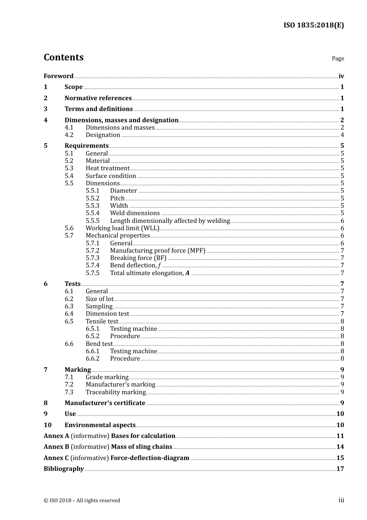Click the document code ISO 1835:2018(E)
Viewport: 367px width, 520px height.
(313, 25)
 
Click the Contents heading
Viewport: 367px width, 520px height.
(63, 57)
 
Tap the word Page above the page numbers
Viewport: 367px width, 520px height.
(338, 58)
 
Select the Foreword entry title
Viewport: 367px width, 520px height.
(58, 76)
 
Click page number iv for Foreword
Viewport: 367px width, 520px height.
(341, 76)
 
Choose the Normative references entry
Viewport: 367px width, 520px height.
(98, 98)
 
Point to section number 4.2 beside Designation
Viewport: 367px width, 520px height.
(69, 135)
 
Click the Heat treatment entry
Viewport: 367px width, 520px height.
(107, 168)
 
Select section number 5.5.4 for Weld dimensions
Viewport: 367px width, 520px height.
(92, 213)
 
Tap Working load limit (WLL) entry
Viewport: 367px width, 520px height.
(122, 228)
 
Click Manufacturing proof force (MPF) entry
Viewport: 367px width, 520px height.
(158, 251)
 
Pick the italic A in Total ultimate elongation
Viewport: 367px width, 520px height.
(187, 273)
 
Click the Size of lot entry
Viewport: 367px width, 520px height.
(100, 299)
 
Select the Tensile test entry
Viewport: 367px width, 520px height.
(102, 322)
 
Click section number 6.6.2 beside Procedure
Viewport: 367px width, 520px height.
(92, 359)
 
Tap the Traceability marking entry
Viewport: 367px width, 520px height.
(116, 392)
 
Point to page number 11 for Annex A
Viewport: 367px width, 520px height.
(340, 436)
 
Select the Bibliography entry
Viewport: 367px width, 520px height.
(64, 469)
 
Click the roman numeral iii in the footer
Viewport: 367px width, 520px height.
(341, 500)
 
